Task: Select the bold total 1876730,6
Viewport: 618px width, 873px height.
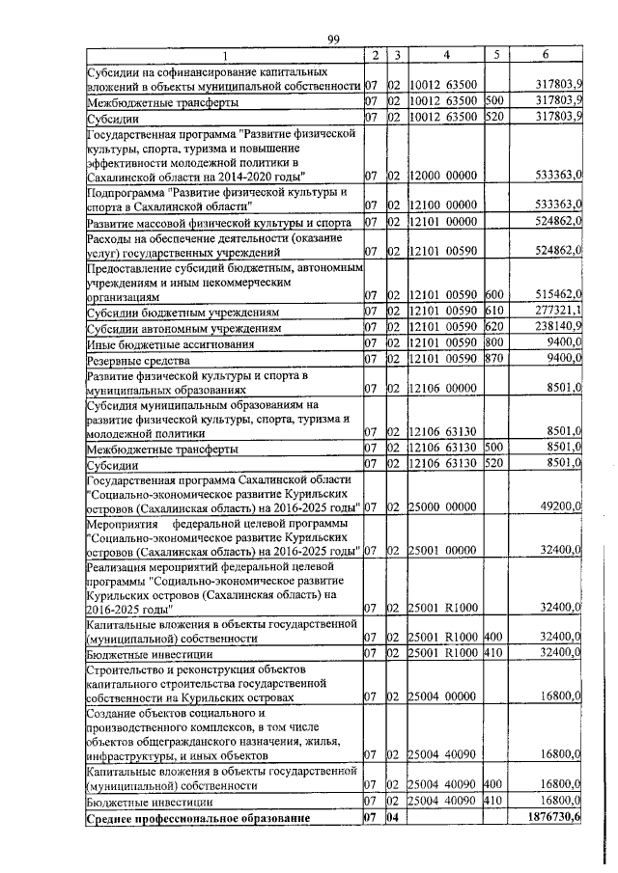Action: click(549, 818)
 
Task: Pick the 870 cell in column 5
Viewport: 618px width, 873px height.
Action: click(494, 359)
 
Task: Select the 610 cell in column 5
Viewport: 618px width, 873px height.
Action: click(494, 313)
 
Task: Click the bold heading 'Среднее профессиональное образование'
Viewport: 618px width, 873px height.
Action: click(199, 819)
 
